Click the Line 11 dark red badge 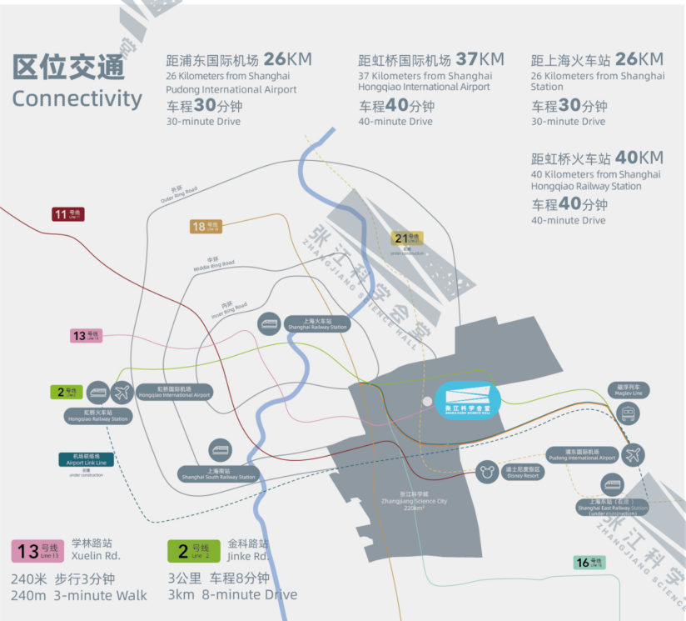tap(67, 215)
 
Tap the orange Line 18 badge tap(205, 226)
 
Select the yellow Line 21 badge tap(407, 238)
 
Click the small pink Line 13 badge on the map tap(86, 336)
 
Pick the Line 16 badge tap(589, 563)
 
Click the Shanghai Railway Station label tap(316, 324)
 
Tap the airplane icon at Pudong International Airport tap(633, 455)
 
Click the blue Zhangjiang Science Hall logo tap(467, 399)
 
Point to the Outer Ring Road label tap(178, 194)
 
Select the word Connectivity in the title tap(77, 98)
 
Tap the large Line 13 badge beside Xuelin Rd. tap(37, 551)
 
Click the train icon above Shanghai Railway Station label tap(269, 323)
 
